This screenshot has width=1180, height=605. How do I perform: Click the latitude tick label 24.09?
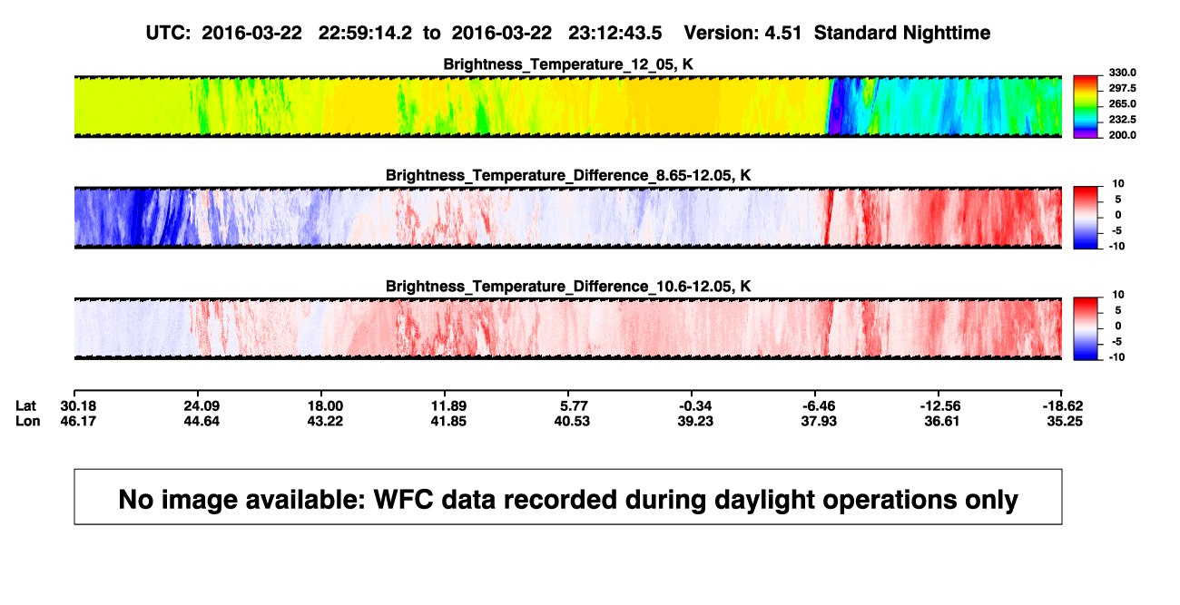(202, 406)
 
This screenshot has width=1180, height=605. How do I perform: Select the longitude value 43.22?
(325, 421)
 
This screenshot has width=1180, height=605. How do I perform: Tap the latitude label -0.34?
(694, 406)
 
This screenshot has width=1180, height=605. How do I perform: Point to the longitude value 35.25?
(1065, 421)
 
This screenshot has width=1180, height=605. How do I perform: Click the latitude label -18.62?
(1063, 406)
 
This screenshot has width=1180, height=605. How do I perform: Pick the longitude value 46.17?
(78, 421)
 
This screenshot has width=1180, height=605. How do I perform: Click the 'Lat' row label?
(25, 406)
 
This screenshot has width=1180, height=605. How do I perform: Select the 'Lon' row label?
(28, 421)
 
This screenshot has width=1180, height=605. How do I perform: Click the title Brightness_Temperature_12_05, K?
(568, 64)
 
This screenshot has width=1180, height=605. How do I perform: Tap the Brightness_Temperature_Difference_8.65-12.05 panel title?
(568, 175)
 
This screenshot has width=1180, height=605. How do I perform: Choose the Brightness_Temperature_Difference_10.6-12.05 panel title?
(568, 287)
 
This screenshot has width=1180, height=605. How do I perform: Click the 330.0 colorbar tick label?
(1122, 73)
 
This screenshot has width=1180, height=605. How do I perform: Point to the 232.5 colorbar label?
(1122, 120)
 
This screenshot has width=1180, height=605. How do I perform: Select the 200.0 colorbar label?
(1122, 135)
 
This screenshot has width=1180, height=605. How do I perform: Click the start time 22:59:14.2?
(365, 34)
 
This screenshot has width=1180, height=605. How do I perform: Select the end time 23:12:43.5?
(615, 34)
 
